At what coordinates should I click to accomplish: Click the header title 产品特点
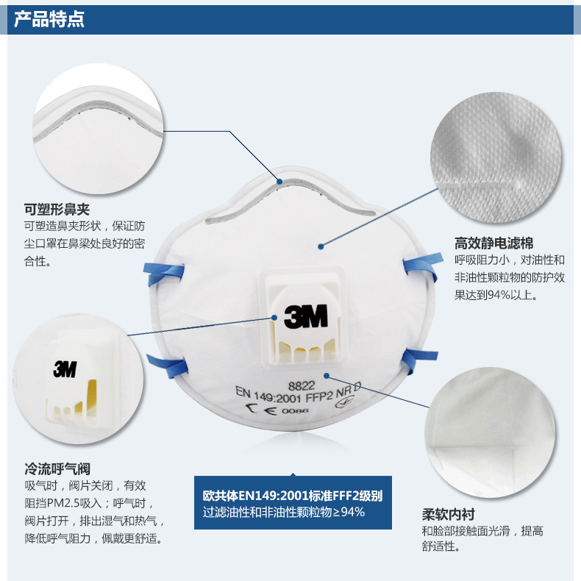tap(49, 19)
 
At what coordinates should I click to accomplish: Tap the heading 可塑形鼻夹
tap(57, 210)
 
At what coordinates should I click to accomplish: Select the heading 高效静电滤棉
tap(494, 243)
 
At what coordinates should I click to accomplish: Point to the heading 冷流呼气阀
tap(57, 468)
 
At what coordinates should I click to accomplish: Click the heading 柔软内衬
tap(449, 514)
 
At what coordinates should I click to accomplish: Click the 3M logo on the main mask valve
tap(306, 316)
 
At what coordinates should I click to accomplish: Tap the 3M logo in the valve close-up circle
tap(65, 369)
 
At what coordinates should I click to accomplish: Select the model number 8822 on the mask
tap(302, 386)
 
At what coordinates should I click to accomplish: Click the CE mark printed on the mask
tap(261, 410)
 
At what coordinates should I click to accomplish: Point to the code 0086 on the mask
tap(295, 411)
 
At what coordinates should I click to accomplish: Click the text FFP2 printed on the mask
tap(319, 397)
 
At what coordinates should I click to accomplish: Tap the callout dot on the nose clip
tap(279, 182)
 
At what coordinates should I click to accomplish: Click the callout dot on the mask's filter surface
tap(321, 246)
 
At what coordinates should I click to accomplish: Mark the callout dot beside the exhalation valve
tap(274, 318)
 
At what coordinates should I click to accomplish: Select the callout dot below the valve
tap(327, 376)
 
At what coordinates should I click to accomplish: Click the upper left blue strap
tap(164, 273)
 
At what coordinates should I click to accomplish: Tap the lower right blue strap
tap(418, 360)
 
